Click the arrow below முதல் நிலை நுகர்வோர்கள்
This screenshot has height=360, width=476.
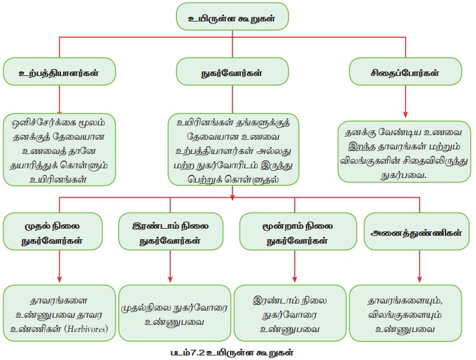(55, 266)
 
